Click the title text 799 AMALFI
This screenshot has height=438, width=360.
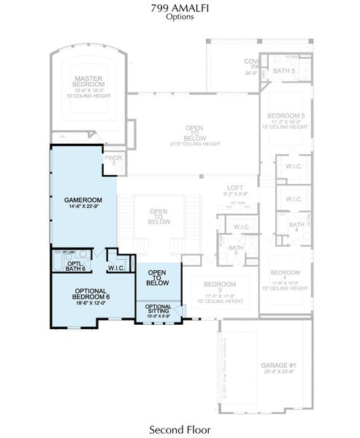(x=180, y=8)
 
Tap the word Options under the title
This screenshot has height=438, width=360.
(x=180, y=17)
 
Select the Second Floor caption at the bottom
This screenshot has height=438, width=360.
(x=180, y=429)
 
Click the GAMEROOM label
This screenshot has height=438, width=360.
(x=83, y=199)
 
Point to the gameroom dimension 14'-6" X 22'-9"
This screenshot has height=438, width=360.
(x=83, y=207)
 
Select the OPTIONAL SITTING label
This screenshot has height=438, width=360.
(x=158, y=309)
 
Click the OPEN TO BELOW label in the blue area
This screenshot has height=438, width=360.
(x=158, y=277)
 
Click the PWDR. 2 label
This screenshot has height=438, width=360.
(x=113, y=159)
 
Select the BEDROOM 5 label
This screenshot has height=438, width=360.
(x=286, y=116)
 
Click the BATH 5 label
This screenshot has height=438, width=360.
(x=283, y=70)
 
